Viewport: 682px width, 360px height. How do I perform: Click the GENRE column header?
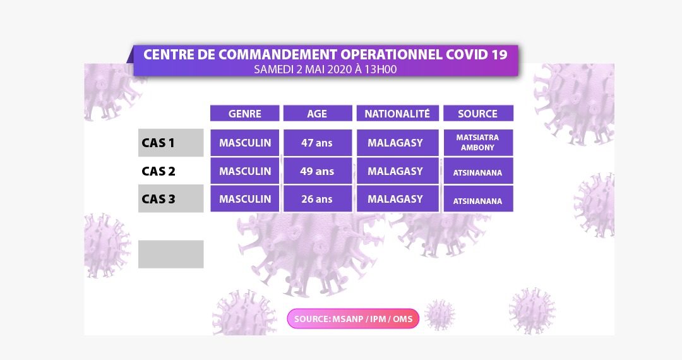pos(244,114)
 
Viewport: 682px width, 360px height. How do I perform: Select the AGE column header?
pos(318,114)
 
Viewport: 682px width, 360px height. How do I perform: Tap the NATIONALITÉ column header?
pos(398,114)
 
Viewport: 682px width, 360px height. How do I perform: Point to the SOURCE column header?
pos(478,114)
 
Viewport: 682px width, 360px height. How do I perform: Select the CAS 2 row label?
pos(159,171)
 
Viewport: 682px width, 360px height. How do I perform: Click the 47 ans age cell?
pos(318,143)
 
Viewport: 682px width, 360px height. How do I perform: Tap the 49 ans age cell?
pos(318,171)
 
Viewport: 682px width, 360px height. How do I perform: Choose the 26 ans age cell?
pos(318,199)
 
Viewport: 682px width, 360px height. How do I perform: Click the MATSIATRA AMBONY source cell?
pos(478,143)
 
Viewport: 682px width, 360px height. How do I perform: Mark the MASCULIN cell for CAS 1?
pos(244,143)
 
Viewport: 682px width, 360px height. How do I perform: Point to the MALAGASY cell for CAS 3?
pos(398,199)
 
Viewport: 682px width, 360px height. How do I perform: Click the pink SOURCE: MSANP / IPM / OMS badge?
pos(353,319)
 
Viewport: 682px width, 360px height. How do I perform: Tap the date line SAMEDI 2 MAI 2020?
pos(302,69)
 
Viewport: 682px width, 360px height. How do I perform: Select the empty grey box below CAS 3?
pos(171,255)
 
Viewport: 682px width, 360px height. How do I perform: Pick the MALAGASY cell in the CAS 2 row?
pos(398,171)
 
